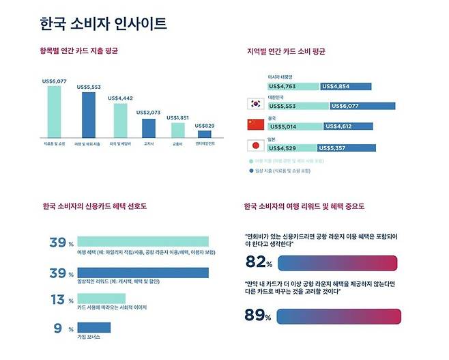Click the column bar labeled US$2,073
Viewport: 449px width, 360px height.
[x=149, y=128]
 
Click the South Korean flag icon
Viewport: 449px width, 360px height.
[x=255, y=105]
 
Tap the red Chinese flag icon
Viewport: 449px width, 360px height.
[x=255, y=124]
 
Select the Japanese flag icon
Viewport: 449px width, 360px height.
[x=255, y=145]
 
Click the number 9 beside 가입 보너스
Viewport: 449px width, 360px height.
[x=59, y=327]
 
